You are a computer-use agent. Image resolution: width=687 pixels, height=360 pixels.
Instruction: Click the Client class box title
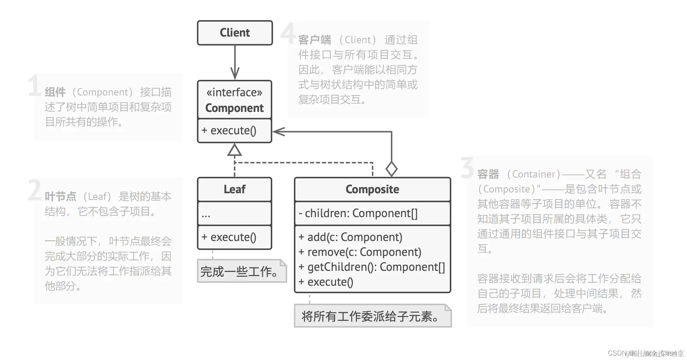(235, 33)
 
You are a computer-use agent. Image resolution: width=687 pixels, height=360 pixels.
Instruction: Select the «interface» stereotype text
(235, 92)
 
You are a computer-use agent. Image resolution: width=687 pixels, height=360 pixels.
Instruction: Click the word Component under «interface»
(235, 108)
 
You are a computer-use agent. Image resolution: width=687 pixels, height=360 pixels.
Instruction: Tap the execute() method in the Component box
(229, 131)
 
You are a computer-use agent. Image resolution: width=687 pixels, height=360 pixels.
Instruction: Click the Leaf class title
(235, 189)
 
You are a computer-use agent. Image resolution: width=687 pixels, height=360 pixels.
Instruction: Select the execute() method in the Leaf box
(229, 237)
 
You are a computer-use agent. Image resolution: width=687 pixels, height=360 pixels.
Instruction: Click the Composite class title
(372, 189)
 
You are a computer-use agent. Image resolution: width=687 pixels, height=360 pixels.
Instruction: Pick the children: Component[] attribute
(358, 213)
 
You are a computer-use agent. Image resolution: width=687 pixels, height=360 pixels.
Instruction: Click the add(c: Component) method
(351, 237)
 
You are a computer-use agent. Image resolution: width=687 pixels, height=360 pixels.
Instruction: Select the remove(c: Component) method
(360, 252)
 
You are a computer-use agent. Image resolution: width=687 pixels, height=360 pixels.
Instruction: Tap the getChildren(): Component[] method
(372, 267)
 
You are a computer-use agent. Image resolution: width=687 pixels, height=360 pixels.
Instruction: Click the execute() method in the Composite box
(326, 282)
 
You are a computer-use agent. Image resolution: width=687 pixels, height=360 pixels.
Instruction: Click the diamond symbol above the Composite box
(391, 169)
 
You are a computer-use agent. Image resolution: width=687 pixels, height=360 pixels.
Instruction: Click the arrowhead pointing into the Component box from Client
(235, 73)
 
